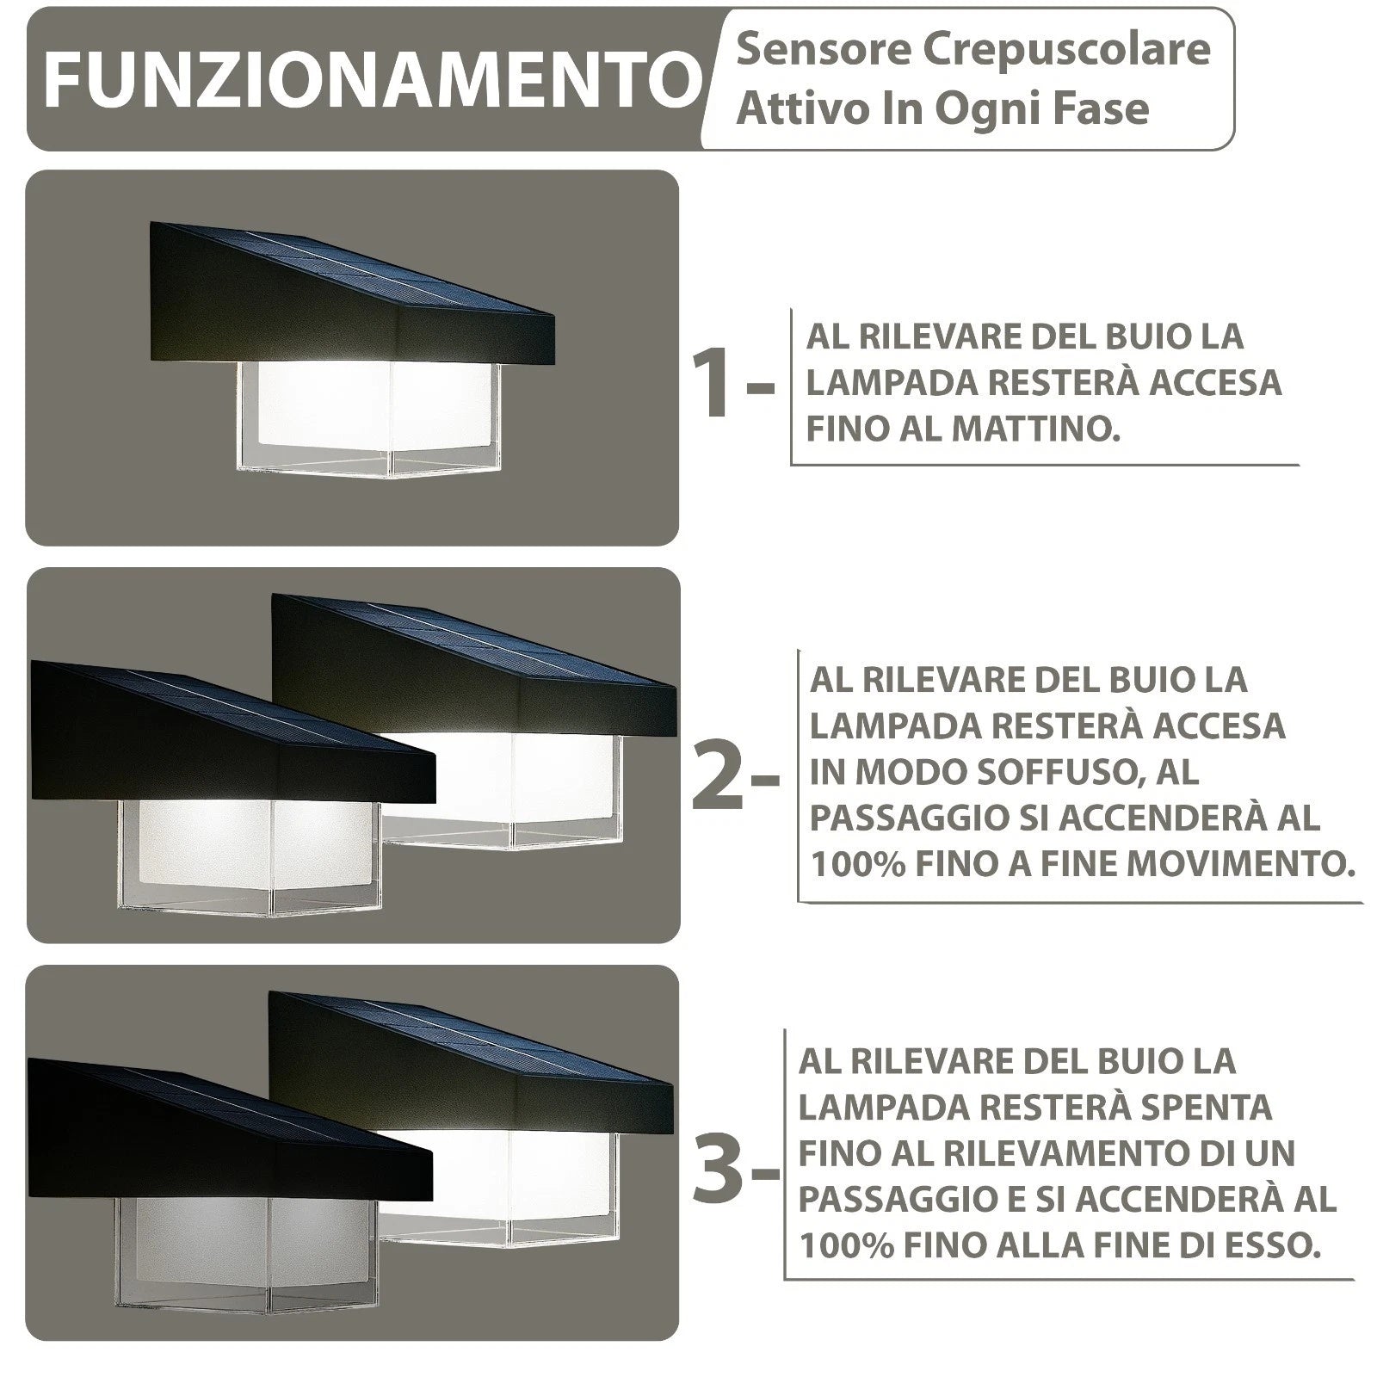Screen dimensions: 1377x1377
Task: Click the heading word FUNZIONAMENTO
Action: (x=372, y=80)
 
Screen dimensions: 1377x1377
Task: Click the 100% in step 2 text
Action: (x=858, y=864)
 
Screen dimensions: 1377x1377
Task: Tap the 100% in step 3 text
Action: (x=847, y=1245)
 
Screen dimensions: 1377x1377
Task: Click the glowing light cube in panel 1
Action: (x=369, y=417)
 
